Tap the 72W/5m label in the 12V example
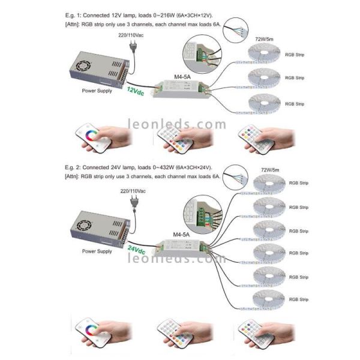click(x=264, y=38)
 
